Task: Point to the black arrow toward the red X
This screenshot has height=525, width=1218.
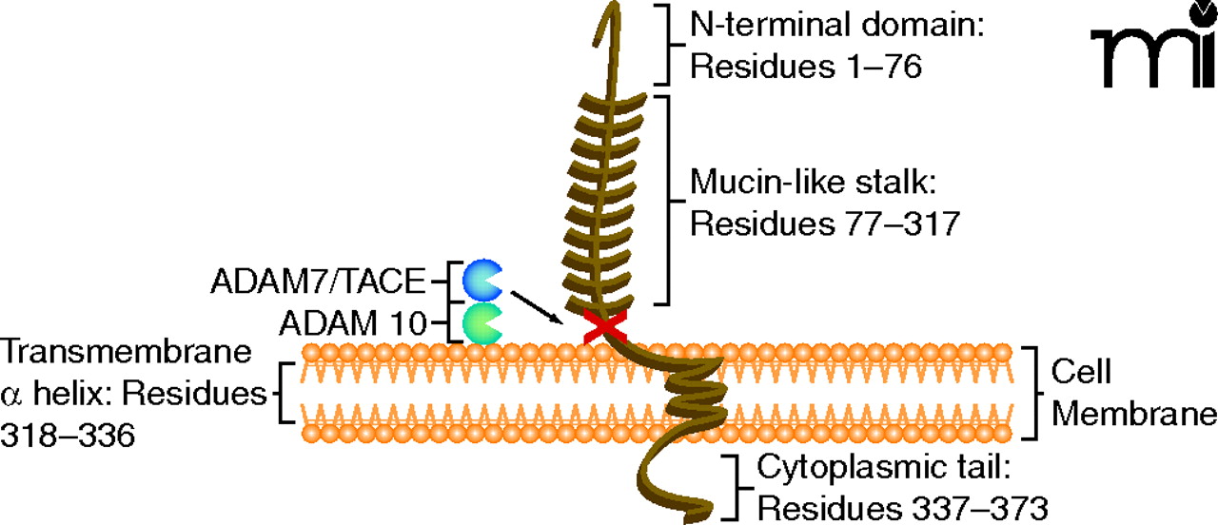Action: [538, 307]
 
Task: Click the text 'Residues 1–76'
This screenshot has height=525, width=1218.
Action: [805, 68]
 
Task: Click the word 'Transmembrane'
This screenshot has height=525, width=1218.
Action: [127, 351]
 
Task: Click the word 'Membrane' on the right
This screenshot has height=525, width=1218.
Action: [1140, 414]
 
